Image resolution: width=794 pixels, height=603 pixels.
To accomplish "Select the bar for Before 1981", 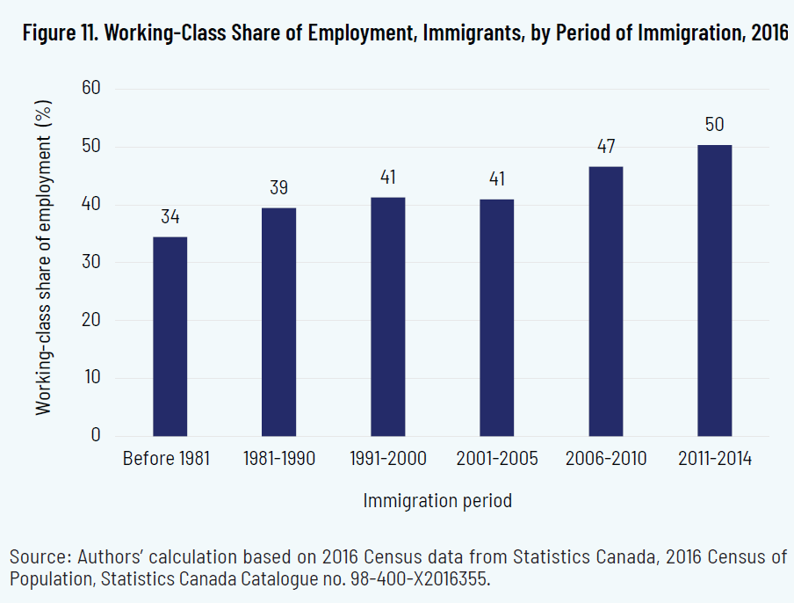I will (170, 336).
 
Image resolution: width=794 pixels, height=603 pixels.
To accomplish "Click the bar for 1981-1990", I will (278, 322).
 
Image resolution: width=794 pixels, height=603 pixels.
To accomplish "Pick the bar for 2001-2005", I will (496, 317).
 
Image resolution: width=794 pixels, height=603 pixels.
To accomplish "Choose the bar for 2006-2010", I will (605, 301).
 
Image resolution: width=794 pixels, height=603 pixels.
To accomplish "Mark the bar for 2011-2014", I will (714, 290).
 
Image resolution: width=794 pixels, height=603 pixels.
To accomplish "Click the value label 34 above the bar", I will (170, 216).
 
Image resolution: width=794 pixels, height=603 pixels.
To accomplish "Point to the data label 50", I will (714, 124).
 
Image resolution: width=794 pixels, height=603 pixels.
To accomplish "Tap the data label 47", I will (605, 145).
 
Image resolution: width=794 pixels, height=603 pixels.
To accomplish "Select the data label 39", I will (278, 187).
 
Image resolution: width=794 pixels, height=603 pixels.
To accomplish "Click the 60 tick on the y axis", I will (91, 89).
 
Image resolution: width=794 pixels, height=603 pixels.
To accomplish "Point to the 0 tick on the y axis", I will (96, 435).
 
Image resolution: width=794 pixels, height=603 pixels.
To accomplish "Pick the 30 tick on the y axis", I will (91, 262).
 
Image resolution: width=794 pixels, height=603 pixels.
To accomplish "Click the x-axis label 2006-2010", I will (606, 459).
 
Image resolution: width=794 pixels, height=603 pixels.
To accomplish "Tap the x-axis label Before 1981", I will (167, 459).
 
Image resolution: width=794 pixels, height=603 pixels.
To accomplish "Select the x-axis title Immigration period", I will (437, 501).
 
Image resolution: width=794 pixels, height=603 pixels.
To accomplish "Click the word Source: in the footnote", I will (39, 557).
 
